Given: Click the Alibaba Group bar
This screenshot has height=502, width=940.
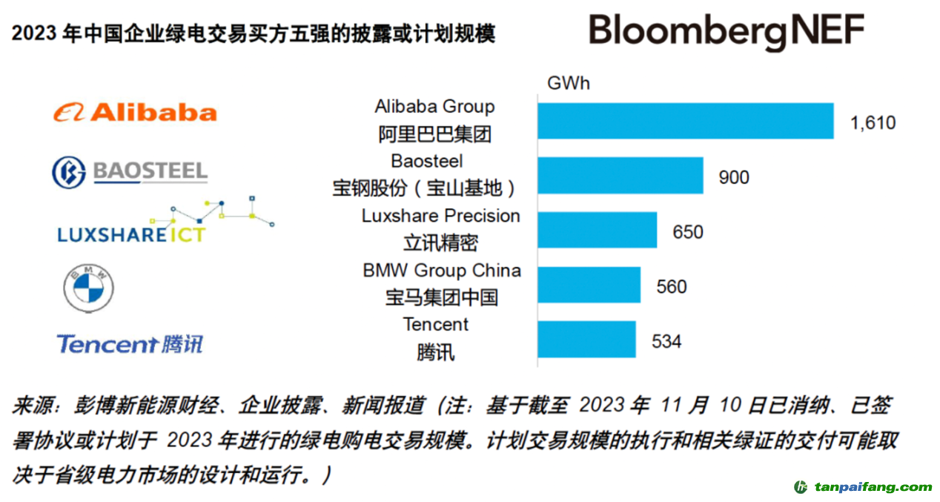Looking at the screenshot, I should coord(685,121).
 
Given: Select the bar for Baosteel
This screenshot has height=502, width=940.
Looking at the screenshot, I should coord(620,176).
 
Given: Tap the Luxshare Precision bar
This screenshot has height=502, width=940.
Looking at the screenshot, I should coord(597,231).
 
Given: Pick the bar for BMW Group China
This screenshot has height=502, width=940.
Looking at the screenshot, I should coord(589,285).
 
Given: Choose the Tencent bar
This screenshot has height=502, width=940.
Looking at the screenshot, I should coord(586,340).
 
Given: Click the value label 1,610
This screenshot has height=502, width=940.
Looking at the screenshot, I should coord(873,123).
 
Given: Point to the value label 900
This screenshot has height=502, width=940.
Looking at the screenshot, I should coord(733,178).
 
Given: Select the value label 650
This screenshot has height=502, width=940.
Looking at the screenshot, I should coord(687,232).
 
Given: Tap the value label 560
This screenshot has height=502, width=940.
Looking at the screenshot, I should coord(672,287).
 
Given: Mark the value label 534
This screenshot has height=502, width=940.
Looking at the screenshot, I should coord(666,342).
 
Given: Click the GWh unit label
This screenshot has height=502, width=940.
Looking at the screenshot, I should coord(568,83).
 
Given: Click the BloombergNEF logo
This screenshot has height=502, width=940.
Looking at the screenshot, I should coord(726,31).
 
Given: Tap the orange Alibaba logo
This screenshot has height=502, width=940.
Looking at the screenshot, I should coord(134,113).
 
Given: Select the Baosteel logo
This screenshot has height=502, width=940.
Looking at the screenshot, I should coord(129,172).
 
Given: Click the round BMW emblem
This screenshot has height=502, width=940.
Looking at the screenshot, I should coord(88,288).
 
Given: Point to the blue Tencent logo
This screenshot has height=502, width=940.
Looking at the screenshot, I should coord(130,344).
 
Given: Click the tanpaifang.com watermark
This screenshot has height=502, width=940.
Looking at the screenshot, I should coord(863,487).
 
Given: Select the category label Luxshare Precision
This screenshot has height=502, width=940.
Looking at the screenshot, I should coord(440,216).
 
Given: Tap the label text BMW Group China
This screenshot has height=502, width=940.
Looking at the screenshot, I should coord(441,271).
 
